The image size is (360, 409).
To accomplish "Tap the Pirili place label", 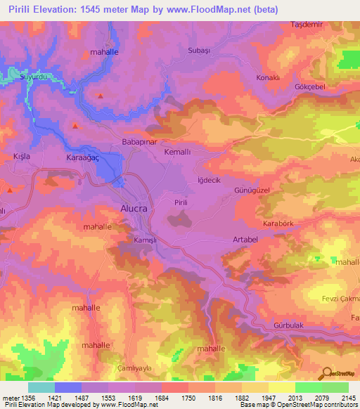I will point(181,202).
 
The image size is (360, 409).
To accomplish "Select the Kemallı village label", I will point(176,152).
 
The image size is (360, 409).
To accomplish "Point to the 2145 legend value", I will point(347,398).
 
